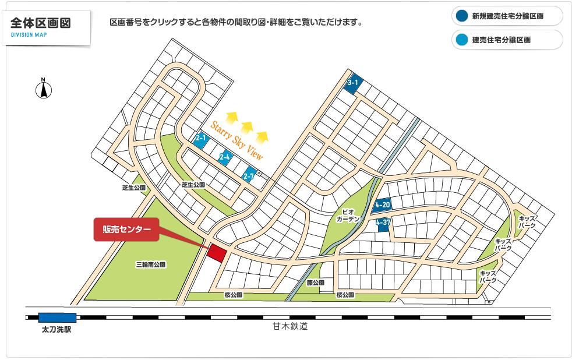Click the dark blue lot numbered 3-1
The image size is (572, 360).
354,83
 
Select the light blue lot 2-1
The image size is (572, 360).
201,139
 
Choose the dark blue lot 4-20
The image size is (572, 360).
383,205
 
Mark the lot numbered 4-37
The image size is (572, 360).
383,223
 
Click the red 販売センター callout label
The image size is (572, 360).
126,230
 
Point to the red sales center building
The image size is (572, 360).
217,253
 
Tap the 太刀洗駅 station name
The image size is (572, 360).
57,329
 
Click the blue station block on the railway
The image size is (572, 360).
57,317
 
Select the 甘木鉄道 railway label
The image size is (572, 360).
289,327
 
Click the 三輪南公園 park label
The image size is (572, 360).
151,264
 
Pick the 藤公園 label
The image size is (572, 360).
315,283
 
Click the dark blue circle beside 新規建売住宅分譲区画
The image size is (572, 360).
461,16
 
